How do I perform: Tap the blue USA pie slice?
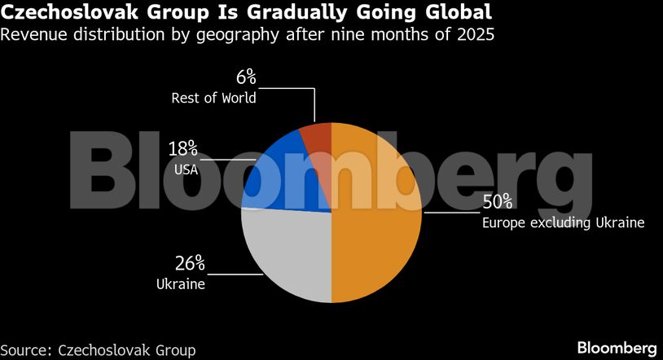pyautogui.click(x=281, y=175)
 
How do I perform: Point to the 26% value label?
pyautogui.click(x=190, y=264)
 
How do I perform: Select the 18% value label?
pyautogui.click(x=182, y=149)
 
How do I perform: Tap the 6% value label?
pyautogui.click(x=246, y=78)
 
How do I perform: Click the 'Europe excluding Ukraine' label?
pyautogui.click(x=563, y=222)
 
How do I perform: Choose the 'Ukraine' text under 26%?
pyautogui.click(x=180, y=284)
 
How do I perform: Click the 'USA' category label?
pyautogui.click(x=186, y=169)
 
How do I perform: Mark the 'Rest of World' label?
pyautogui.click(x=213, y=99)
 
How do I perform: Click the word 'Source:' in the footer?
pyautogui.click(x=27, y=349)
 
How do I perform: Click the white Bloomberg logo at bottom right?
pyautogui.click(x=617, y=348)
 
